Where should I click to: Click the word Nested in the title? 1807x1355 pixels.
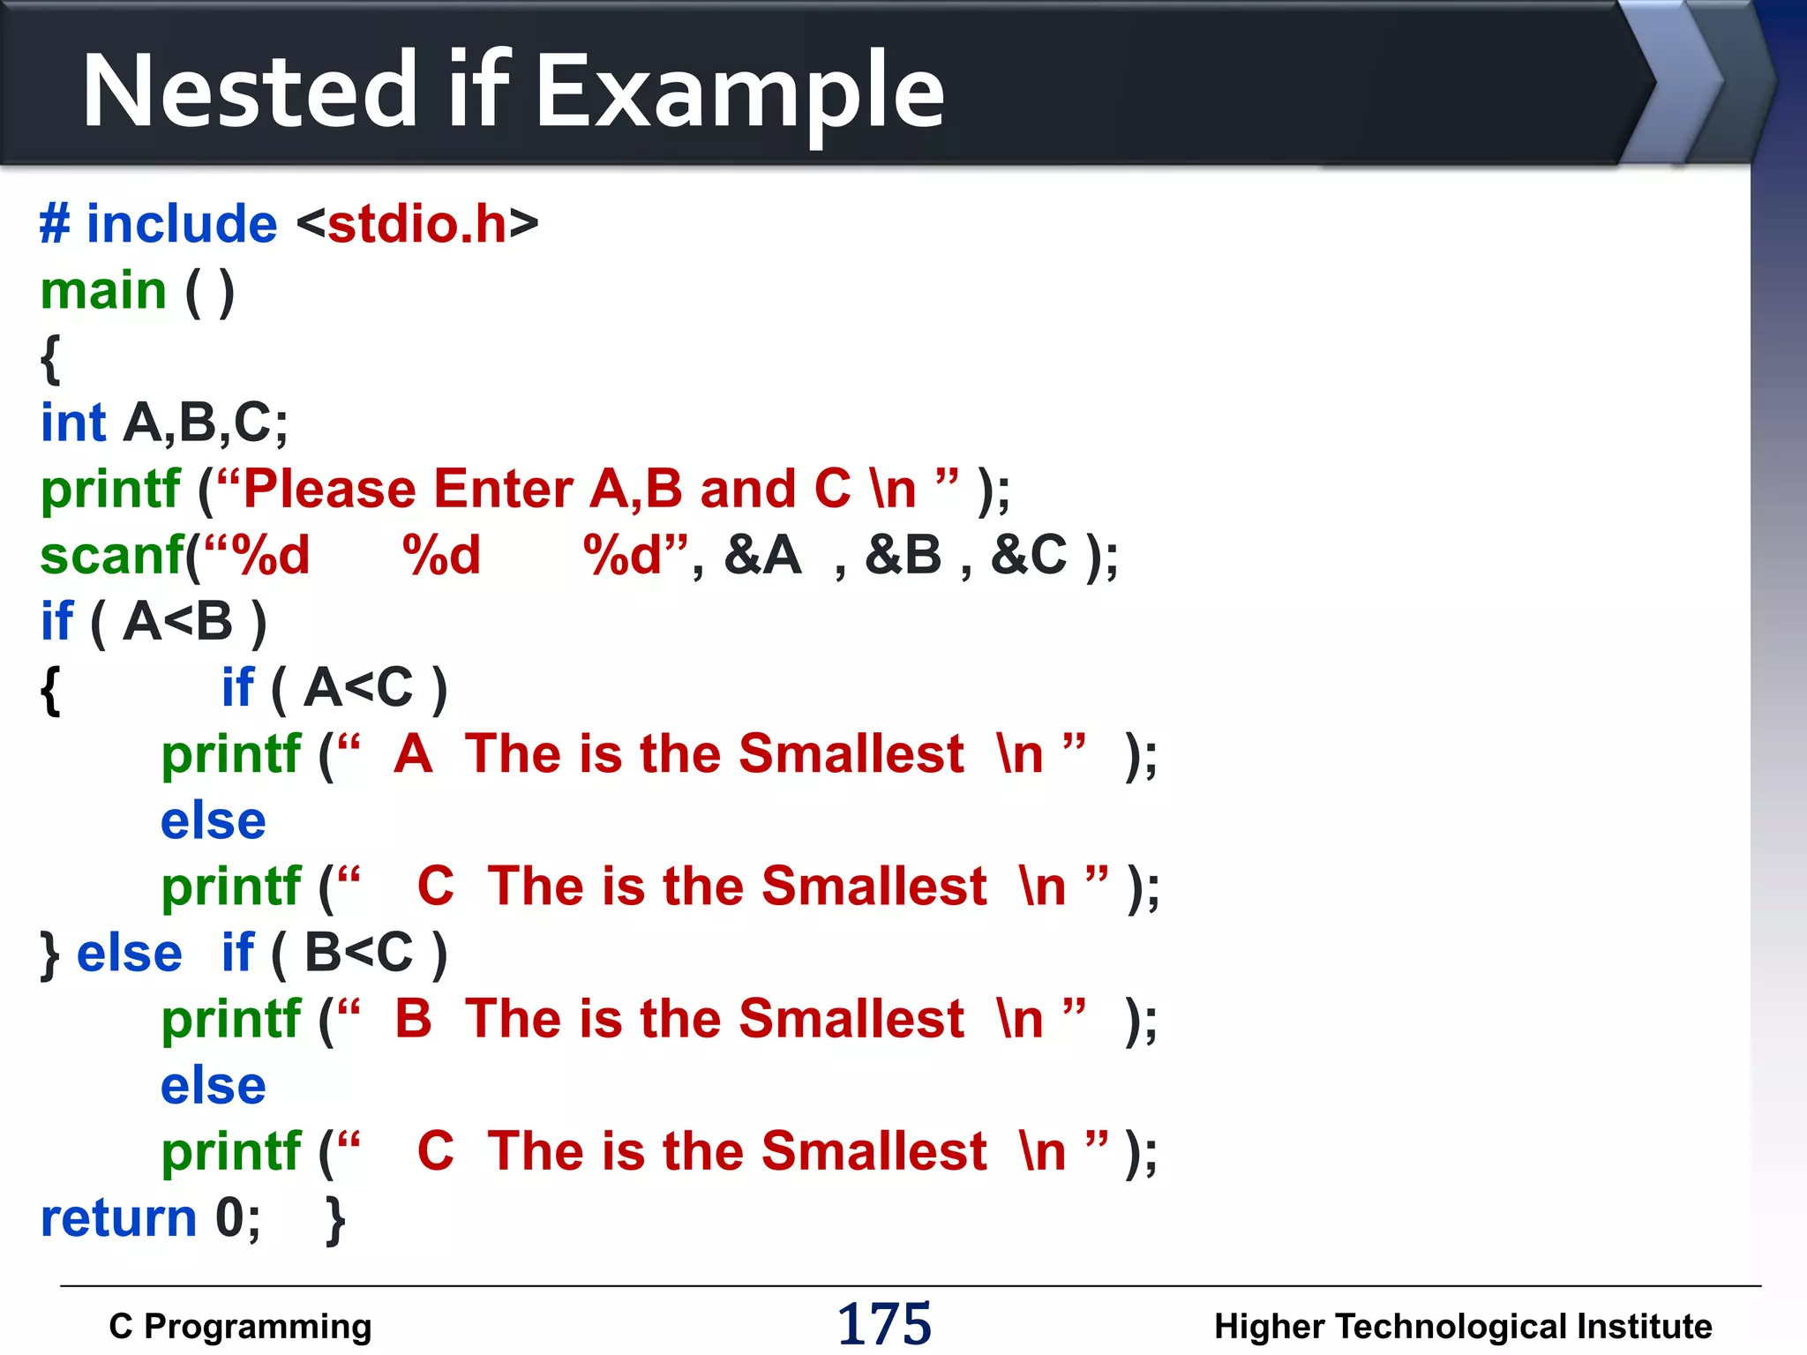pos(250,91)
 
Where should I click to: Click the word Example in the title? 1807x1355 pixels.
pos(739,91)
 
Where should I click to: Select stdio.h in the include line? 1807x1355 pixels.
pos(417,224)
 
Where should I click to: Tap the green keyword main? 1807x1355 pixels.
pos(103,291)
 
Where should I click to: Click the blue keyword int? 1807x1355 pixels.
pos(73,423)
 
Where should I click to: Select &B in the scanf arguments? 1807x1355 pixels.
pos(903,556)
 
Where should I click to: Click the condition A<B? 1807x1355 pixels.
pos(177,622)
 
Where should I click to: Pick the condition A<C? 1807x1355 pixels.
pos(358,688)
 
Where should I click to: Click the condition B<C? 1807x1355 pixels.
pos(358,953)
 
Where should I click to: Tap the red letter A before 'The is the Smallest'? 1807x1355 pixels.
pos(413,754)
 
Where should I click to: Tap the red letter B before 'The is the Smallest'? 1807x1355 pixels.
pos(413,1019)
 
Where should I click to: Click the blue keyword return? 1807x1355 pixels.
pos(118,1218)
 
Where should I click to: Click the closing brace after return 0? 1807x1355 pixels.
pos(335,1220)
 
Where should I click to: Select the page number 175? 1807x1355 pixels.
pos(883,1324)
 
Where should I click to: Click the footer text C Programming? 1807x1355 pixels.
pos(240,1327)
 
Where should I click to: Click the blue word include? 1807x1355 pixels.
pos(181,224)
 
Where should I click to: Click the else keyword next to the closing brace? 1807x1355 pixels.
pos(129,954)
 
